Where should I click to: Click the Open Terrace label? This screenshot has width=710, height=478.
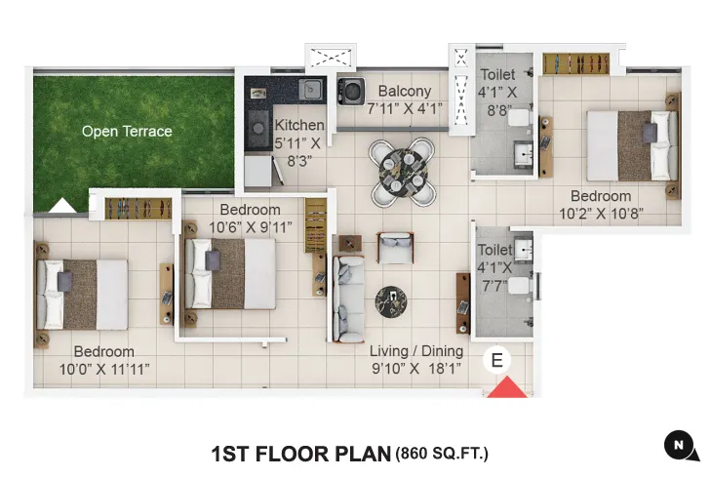(x=127, y=132)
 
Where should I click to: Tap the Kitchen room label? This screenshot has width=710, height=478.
(x=299, y=126)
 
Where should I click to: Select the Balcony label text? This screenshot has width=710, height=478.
(x=405, y=92)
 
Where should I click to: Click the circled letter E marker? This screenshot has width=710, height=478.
(x=497, y=360)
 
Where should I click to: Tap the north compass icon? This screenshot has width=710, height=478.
(x=680, y=445)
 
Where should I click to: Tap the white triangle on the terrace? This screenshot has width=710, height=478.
(x=63, y=205)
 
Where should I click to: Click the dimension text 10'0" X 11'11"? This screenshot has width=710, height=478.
(x=104, y=369)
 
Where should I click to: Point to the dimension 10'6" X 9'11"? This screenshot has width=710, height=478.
(x=250, y=227)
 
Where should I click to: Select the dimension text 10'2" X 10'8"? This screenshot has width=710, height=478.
(x=601, y=214)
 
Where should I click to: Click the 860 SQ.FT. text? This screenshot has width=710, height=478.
(x=441, y=454)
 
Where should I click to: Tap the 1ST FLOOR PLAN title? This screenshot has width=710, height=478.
(x=299, y=454)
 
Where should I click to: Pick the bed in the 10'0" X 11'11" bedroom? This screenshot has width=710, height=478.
(x=82, y=293)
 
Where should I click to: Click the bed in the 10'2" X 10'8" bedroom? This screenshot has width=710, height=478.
(x=630, y=145)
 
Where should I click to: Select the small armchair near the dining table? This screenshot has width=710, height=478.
(x=394, y=248)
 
